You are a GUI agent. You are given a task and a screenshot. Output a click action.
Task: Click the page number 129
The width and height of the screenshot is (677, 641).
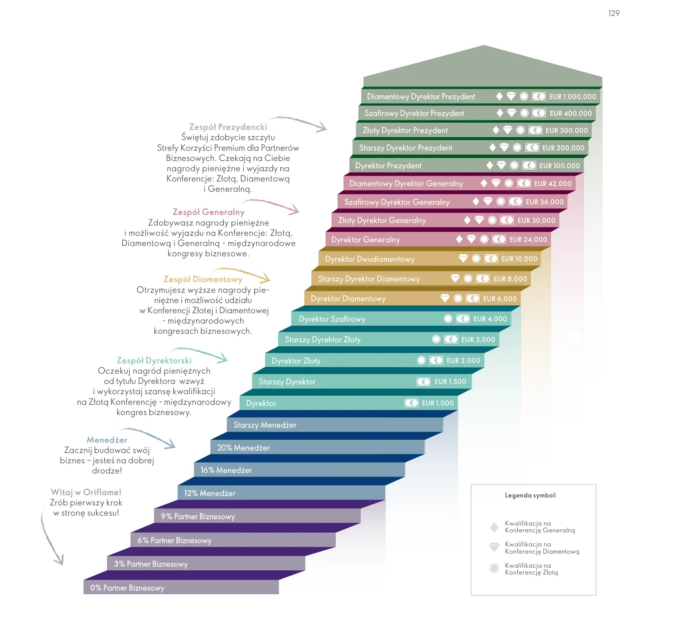pos(614,13)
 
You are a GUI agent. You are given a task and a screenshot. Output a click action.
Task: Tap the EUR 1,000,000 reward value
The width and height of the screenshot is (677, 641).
pos(572,97)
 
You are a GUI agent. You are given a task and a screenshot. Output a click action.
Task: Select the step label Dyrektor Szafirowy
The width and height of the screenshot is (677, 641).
pos(332,319)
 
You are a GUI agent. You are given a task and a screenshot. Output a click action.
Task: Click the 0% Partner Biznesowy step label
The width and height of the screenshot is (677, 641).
pos(127,588)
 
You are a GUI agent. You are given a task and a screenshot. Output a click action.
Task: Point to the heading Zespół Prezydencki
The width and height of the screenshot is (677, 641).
pos(228,127)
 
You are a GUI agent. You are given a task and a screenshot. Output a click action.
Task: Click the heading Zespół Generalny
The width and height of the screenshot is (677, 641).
pos(209,212)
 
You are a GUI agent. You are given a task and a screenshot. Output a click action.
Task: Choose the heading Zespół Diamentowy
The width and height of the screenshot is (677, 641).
pos(203,279)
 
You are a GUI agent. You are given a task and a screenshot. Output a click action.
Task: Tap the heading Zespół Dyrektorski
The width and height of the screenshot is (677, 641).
pos(154,360)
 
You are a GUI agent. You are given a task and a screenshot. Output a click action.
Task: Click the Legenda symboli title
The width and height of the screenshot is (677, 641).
pos(530,495)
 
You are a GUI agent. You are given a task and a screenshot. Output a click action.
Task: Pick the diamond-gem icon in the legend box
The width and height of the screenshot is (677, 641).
pos(494,547)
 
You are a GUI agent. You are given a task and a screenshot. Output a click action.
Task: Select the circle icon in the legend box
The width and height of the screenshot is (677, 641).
pos(494,568)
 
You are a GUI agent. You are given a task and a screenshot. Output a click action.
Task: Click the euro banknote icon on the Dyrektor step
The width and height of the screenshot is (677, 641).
pos(412,403)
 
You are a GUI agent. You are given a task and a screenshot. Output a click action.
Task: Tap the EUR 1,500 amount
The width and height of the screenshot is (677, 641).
pos(450,382)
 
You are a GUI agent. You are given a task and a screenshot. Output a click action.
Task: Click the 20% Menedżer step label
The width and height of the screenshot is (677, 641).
pos(243,448)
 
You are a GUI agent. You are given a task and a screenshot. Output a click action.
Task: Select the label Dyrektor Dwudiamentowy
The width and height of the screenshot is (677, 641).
pos(370,259)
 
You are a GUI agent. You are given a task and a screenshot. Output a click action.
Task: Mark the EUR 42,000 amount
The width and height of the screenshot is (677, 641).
pos(553,184)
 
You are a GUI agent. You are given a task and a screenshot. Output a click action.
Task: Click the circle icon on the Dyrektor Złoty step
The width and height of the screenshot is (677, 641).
pos(421,360)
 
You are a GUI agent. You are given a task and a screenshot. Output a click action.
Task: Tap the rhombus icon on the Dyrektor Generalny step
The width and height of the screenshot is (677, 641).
pos(459,239)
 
